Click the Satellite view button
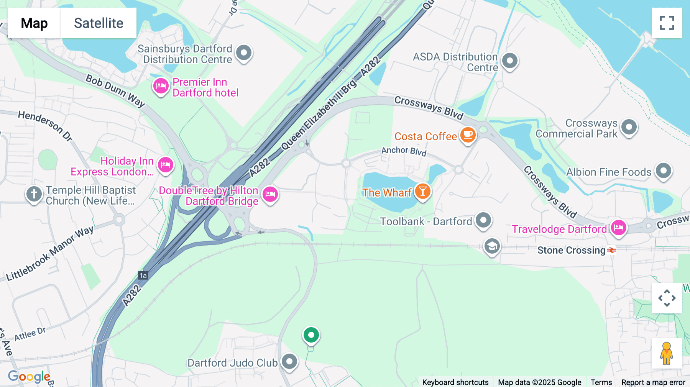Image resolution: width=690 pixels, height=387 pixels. click(99, 23)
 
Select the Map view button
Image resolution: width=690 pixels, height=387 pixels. click(34, 23)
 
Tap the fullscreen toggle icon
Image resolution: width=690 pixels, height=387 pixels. click(667, 23)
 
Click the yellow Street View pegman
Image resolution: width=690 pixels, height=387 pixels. click(667, 353)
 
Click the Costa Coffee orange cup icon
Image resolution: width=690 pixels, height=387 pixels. click(468, 135)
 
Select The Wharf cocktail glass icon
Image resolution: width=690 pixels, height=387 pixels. click(422, 191)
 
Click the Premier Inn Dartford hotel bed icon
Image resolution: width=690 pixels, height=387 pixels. click(161, 86)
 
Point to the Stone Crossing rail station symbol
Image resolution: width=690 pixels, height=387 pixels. click(611, 250)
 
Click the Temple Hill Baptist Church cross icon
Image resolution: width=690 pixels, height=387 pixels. click(34, 194)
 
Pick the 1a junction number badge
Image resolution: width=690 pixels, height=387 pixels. click(143, 275)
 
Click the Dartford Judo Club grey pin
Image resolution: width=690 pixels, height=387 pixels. click(289, 361)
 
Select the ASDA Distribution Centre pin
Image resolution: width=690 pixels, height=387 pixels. click(509, 61)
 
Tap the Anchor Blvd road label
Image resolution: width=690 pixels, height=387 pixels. click(404, 151)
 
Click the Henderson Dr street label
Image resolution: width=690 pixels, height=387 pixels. click(45, 126)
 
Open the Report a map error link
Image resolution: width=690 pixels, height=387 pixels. click(653, 382)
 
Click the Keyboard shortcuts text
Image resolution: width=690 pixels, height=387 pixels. click(455, 382)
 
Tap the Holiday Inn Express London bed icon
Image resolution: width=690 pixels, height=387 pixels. click(166, 165)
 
